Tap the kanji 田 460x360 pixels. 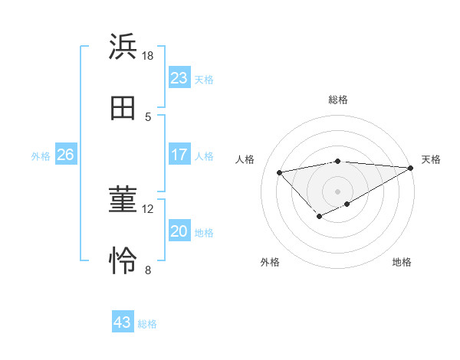(x=123, y=108)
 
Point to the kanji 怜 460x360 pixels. (x=123, y=261)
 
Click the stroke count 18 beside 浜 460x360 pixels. (x=148, y=55)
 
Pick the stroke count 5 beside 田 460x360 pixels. (x=148, y=116)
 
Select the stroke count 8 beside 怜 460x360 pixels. (x=148, y=270)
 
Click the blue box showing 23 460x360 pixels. (x=179, y=78)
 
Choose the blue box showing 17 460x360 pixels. (x=179, y=155)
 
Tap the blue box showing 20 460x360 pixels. (x=179, y=231)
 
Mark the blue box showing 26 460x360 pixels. (x=65, y=155)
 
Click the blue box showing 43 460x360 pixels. (x=123, y=322)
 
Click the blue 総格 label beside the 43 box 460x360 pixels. (x=147, y=324)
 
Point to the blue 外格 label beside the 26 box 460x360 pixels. (x=41, y=156)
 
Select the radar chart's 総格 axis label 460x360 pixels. (x=338, y=100)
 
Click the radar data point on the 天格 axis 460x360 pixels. (x=411, y=169)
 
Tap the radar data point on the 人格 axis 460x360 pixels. (x=280, y=172)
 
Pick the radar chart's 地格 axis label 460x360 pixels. (x=402, y=263)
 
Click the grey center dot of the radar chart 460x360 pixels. (x=338, y=191)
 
